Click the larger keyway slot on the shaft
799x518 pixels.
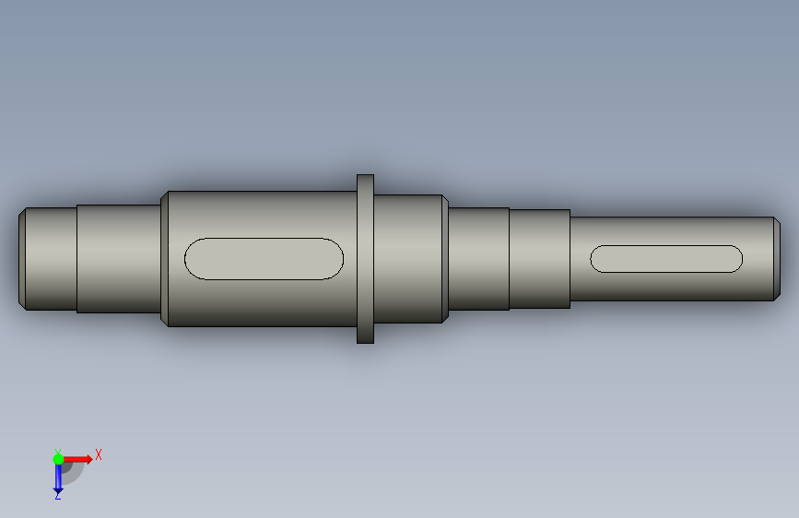pos(264,258)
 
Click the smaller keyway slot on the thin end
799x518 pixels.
pos(666,258)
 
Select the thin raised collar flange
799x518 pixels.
pos(365,259)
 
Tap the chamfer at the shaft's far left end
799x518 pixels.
pos(22,258)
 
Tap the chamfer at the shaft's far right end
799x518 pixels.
pos(777,258)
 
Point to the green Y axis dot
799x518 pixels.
pos(58,459)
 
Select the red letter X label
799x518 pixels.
pos(99,454)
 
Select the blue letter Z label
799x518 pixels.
pos(57,495)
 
